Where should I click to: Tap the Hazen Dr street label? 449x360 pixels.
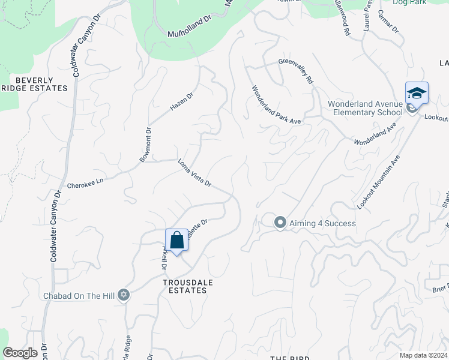[182, 101]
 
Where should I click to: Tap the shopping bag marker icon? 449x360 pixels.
[176, 241]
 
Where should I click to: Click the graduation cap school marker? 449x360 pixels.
[417, 94]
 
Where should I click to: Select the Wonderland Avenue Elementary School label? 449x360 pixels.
[365, 108]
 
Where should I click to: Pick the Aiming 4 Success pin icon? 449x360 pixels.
[280, 223]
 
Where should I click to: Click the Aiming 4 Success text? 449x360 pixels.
[323, 223]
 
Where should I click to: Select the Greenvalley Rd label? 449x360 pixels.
[296, 70]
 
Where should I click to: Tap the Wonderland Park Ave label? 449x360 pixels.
[276, 104]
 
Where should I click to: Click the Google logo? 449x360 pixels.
[20, 353]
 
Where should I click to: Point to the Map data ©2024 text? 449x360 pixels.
[423, 355]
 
